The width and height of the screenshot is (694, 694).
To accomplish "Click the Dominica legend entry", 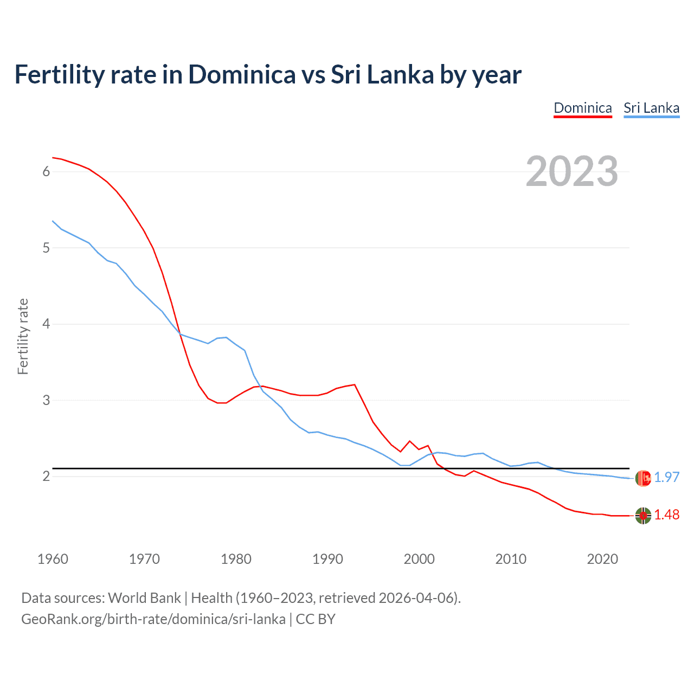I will [582, 108].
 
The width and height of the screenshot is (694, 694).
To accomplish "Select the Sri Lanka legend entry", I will [651, 108].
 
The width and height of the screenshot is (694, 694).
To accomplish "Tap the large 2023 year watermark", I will [571, 171].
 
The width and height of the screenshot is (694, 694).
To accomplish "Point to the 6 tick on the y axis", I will [46, 172].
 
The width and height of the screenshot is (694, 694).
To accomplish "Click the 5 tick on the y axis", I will [46, 248].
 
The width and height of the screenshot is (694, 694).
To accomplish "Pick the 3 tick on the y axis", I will [46, 400].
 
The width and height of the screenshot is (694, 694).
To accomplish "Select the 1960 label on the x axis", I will [53, 559].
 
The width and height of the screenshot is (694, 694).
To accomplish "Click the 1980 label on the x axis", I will [236, 559].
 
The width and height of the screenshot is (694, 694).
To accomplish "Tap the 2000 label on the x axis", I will [419, 559].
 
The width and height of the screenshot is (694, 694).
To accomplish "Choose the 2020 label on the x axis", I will [602, 559].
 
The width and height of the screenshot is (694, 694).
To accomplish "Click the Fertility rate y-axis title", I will [23, 336].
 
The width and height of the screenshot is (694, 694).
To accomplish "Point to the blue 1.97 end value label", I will [666, 477].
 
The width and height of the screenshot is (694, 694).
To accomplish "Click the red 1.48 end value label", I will [666, 515].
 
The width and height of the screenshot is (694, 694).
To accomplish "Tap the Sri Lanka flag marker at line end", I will [643, 478].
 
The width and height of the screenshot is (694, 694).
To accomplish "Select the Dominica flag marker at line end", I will [643, 516].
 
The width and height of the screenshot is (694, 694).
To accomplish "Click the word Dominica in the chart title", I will [241, 74].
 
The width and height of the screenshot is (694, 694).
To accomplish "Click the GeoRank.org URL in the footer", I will [153, 619].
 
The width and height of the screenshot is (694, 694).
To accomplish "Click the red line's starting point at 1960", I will [53, 158].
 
